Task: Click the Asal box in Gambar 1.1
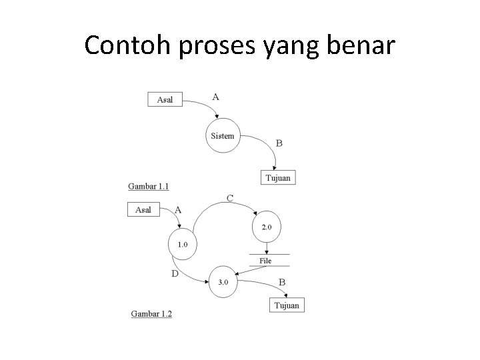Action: (x=165, y=99)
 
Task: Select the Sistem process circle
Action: (x=223, y=136)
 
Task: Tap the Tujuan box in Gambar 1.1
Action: (x=277, y=178)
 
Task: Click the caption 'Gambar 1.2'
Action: (x=151, y=313)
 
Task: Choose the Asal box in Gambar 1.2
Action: (x=143, y=209)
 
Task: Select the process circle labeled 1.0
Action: (x=183, y=245)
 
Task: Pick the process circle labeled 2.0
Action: (x=267, y=227)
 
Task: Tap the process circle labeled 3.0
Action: (x=223, y=281)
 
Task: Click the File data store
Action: (x=266, y=261)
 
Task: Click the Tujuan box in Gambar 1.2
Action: (x=287, y=305)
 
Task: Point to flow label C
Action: (x=229, y=197)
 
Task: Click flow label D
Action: (x=175, y=273)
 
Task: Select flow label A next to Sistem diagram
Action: (x=215, y=97)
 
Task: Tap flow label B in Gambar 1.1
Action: (x=279, y=143)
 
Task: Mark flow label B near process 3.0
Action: (x=281, y=283)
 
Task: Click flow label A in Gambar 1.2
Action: (x=178, y=209)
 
